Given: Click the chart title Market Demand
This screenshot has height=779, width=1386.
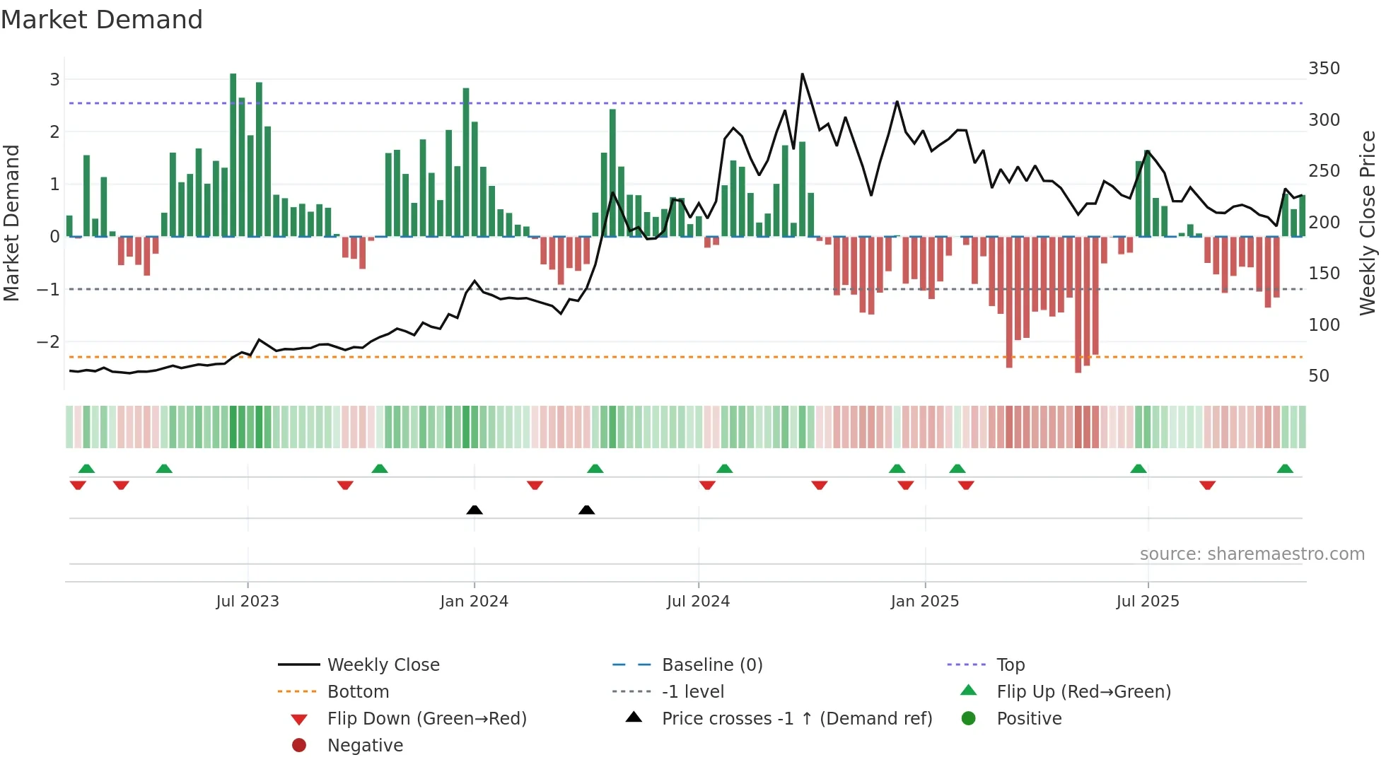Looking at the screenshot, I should pos(102,19).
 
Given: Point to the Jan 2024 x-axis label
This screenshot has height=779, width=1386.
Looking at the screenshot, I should pos(474,602).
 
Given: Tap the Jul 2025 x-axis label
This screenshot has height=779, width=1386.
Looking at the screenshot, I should pos(1148,602).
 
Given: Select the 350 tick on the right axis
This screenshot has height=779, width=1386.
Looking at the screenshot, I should pos(1324,69).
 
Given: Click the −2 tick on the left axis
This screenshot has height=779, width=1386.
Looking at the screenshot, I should pos(49,342).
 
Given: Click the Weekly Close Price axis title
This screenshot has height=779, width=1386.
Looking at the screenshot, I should pos(1368,223).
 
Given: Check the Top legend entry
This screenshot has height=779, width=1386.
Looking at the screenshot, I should pos(1010,665).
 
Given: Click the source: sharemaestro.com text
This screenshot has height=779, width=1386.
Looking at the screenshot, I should pos(1252,554).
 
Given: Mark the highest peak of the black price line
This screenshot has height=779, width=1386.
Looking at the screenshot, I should pos(802,74).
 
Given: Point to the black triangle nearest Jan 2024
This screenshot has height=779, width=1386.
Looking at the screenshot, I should pos(474,510).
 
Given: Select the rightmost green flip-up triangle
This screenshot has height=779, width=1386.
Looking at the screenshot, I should pos(1285,469).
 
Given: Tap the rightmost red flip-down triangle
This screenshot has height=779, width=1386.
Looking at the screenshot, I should pos(1207,485).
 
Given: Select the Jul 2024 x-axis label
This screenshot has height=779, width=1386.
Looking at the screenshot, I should pos(698,602).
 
